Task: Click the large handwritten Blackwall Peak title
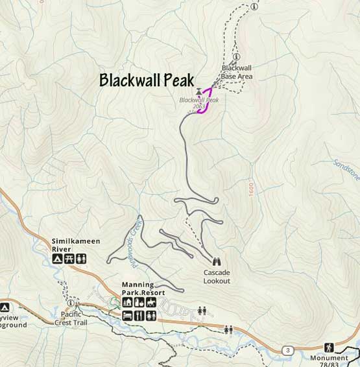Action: [146, 80]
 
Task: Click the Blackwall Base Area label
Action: [237, 71]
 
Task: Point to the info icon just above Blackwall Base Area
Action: [237, 56]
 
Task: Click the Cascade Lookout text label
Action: [216, 277]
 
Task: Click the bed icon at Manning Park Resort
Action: [128, 316]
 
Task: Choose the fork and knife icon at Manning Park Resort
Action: [139, 316]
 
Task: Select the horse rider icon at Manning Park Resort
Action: [151, 303]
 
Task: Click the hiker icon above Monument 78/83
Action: [329, 348]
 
